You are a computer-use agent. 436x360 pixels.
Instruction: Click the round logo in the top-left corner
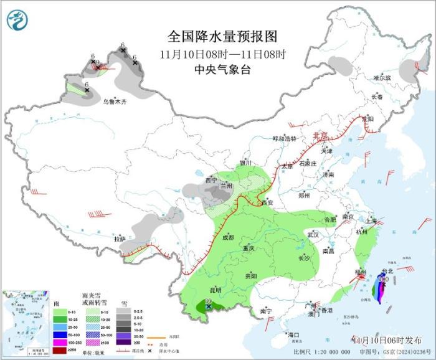[17, 21]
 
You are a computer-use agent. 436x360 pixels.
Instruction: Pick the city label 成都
[227, 237]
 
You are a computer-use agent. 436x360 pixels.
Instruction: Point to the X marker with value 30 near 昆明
[209, 306]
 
